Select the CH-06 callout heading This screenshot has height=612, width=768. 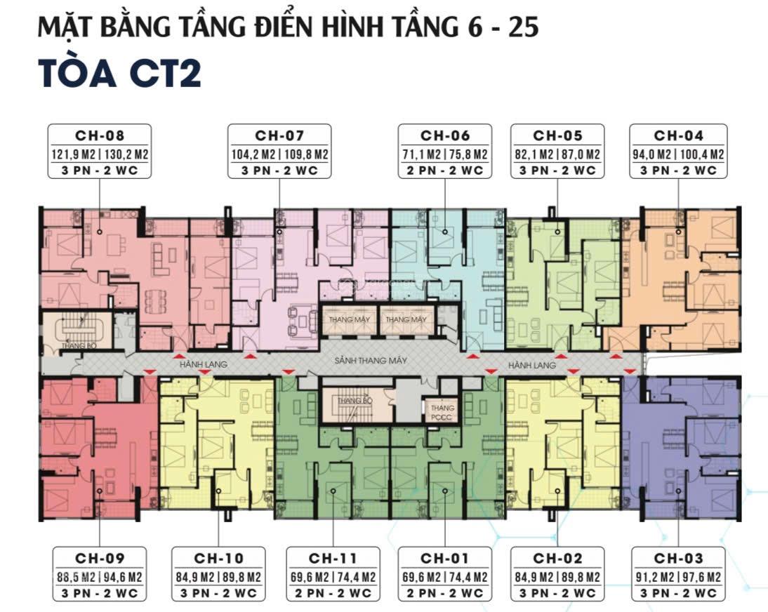click(x=445, y=135)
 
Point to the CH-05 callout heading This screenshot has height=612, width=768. click(x=558, y=135)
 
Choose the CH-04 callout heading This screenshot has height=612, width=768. click(x=679, y=135)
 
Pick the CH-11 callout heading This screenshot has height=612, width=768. click(x=333, y=559)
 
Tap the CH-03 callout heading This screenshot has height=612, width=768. click(x=677, y=559)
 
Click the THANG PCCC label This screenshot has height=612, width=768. click(x=442, y=413)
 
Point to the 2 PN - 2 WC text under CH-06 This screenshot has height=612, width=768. click(x=445, y=171)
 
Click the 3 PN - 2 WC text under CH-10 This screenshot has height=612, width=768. click(x=219, y=594)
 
